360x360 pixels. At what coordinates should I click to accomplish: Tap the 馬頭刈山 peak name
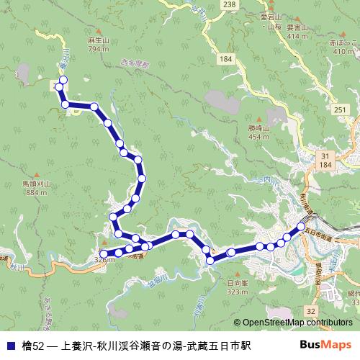[x=36, y=184]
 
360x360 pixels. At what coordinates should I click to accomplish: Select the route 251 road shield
[x=341, y=109]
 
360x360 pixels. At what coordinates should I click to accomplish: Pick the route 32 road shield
[x=310, y=310]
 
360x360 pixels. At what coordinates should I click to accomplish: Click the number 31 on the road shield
[x=325, y=156]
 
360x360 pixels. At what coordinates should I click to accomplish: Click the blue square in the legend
[x=10, y=346]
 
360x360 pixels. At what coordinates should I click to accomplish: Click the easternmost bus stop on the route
[x=297, y=229]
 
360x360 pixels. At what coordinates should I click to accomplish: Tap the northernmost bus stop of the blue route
[x=63, y=79]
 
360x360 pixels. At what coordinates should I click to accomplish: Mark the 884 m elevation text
[x=36, y=193]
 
